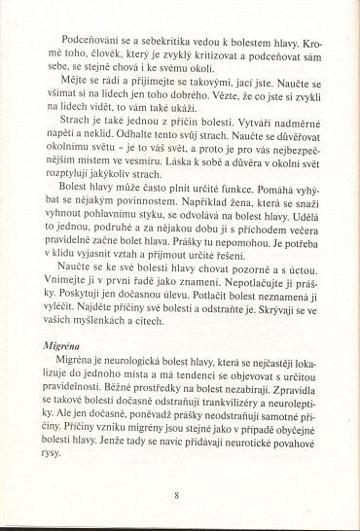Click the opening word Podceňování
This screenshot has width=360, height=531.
(x=88, y=44)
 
